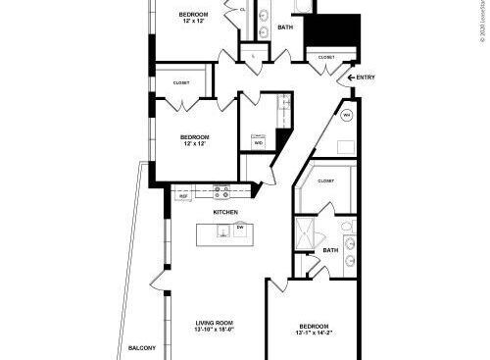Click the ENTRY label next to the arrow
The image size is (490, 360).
[365, 77]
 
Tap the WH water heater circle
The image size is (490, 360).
[347, 115]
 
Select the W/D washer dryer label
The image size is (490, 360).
[259, 143]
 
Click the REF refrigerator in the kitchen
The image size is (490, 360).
[183, 196]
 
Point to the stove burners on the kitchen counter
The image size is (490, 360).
[222, 193]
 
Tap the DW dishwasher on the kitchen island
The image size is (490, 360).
[239, 227]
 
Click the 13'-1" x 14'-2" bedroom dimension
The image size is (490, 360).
[314, 334]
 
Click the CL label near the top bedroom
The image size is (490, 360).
[242, 9]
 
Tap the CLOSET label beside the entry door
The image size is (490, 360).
[325, 57]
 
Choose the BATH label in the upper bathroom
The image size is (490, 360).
[285, 27]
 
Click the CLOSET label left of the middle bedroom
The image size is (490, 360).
[181, 83]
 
